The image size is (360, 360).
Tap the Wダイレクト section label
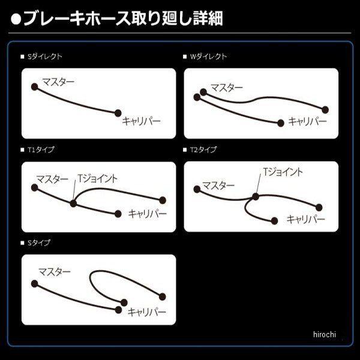pyautogui.click(x=208, y=56)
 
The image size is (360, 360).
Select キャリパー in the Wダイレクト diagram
pyautogui.click(x=307, y=121)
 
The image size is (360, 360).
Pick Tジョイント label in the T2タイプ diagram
pyautogui.click(x=283, y=172)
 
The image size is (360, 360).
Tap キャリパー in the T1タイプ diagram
pyautogui.click(x=144, y=213)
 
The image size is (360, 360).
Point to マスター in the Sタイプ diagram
pyautogui.click(x=55, y=272)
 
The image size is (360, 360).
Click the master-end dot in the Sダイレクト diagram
pyautogui.click(x=35, y=86)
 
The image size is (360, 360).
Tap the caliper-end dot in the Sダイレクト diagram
pyautogui.click(x=118, y=112)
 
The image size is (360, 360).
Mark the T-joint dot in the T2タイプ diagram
pyautogui.click(x=256, y=196)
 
